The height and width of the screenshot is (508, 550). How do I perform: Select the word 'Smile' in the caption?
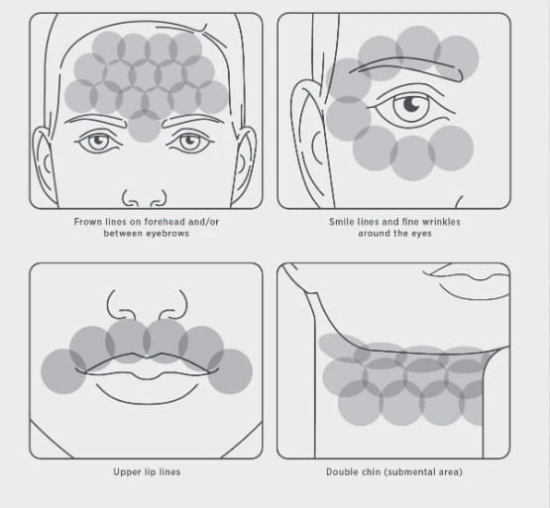tap(341, 222)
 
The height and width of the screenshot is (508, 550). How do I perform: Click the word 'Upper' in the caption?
tap(125, 472)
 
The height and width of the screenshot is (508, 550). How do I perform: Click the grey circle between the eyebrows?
tap(144, 126)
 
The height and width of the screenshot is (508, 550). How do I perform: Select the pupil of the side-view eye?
tap(411, 104)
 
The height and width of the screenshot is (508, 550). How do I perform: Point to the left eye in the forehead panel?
tap(98, 142)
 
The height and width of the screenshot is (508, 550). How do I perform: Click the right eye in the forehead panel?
tap(189, 142)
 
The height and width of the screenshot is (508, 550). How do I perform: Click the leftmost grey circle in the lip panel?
tap(63, 371)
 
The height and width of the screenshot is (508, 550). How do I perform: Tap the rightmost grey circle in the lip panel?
tap(230, 371)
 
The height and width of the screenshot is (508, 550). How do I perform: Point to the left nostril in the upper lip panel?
tap(120, 306)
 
